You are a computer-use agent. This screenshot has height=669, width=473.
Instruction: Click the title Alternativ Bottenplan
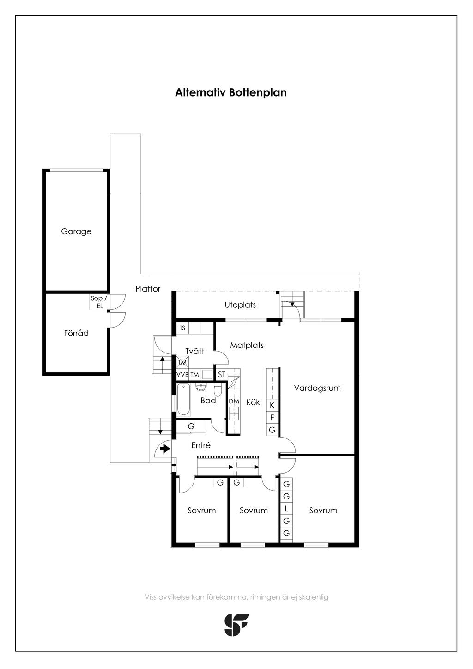tap(231, 92)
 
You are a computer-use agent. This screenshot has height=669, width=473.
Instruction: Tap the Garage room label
tap(76, 231)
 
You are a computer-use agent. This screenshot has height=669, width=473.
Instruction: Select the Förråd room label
tap(76, 333)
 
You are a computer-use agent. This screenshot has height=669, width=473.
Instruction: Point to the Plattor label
tap(148, 289)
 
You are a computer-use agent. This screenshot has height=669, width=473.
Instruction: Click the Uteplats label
tap(240, 305)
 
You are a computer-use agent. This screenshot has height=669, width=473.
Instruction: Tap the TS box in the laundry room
tap(182, 328)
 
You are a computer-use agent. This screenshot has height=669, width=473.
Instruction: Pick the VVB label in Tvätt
tap(182, 375)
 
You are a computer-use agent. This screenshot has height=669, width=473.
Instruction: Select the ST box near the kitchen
tap(222, 375)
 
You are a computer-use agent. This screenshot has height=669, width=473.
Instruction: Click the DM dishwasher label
tap(234, 401)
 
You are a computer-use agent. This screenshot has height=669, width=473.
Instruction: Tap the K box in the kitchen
tap(272, 405)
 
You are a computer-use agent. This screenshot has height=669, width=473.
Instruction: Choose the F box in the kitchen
tap(272, 418)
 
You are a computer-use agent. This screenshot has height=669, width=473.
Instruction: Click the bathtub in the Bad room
tap(184, 400)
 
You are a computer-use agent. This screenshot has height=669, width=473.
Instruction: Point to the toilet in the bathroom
tap(218, 390)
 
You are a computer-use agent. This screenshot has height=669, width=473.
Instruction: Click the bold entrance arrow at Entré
tap(165, 449)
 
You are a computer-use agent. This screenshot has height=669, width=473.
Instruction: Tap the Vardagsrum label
tap(317, 388)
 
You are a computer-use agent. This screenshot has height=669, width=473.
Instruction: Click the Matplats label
tap(247, 345)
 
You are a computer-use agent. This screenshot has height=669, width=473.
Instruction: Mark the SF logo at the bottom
tap(236, 625)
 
